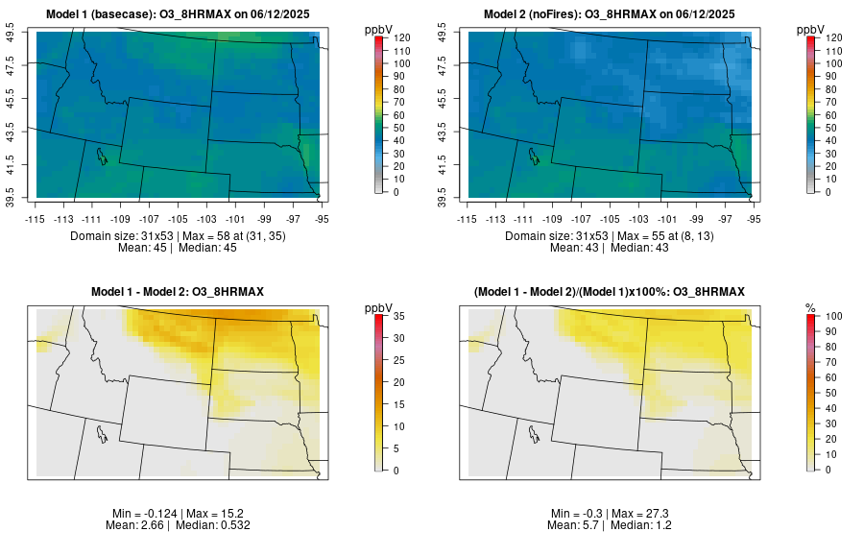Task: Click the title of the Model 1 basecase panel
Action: pos(181,14)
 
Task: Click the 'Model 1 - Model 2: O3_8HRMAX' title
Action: pos(181,291)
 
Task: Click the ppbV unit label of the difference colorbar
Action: pos(379,307)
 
